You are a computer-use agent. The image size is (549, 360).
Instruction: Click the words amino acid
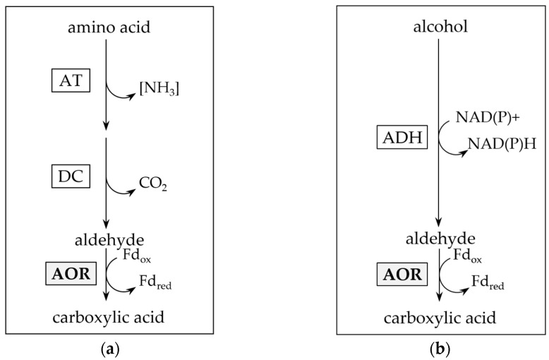109,28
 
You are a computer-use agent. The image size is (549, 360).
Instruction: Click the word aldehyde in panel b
440,239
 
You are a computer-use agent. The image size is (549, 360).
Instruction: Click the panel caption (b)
439,349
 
